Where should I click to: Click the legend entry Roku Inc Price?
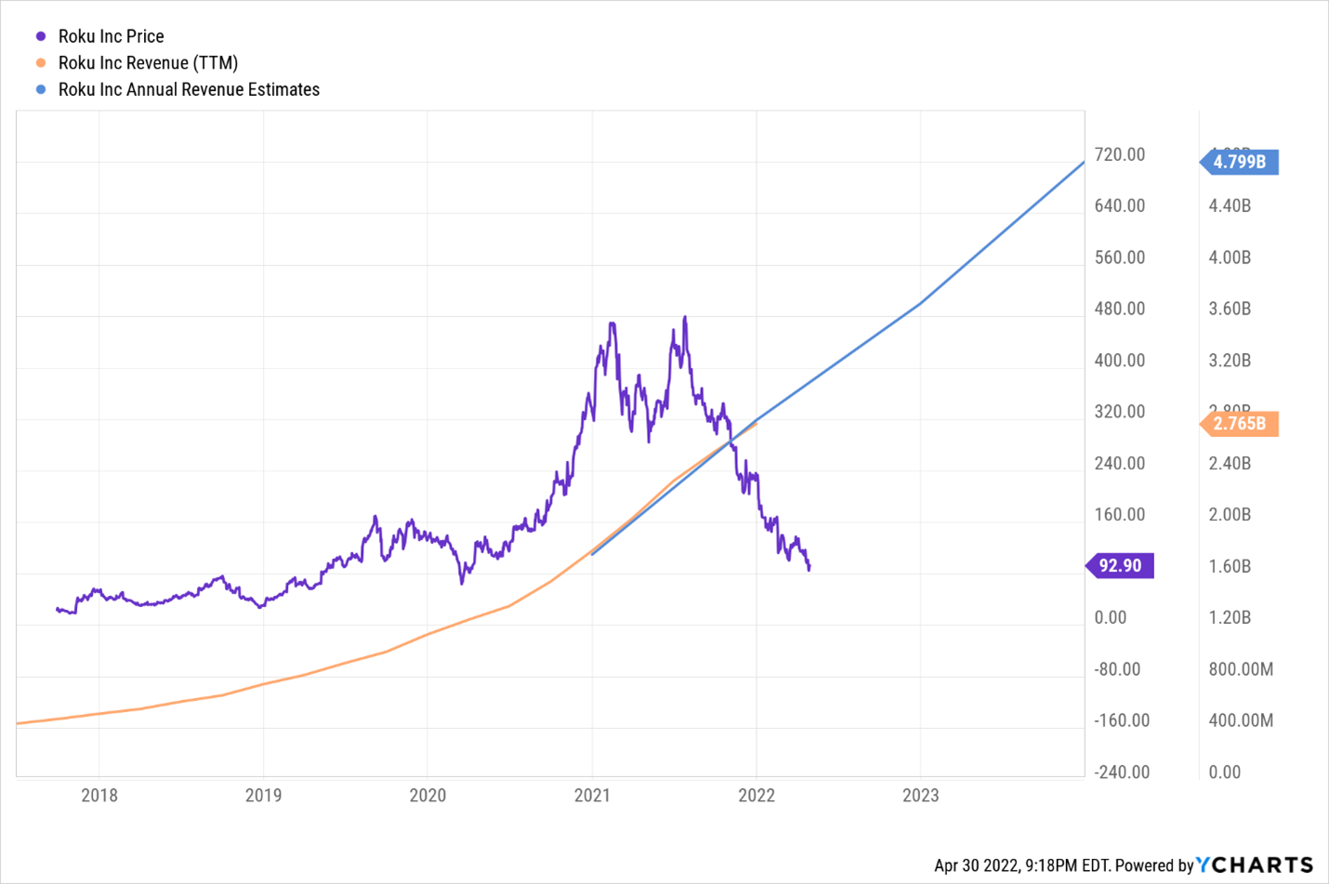coord(111,36)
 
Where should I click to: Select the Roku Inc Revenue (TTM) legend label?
coord(148,63)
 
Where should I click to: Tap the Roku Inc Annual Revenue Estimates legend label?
coord(189,89)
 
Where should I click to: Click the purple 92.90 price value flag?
coord(1120,565)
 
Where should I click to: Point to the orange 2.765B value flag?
coord(1240,424)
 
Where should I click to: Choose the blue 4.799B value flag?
coord(1240,162)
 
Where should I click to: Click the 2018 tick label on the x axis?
coord(99,795)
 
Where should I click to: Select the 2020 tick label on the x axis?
coord(428,795)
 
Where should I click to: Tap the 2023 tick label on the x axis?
coord(920,795)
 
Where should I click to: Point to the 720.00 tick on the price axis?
coord(1120,154)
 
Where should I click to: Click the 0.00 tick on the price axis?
coord(1111,617)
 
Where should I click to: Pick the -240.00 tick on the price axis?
coord(1122,772)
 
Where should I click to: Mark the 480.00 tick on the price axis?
coord(1120,309)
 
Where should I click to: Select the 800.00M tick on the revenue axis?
coord(1241,669)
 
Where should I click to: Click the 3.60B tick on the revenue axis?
coord(1230,309)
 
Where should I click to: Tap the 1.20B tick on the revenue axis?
coord(1230,617)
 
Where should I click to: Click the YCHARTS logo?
coord(1255,865)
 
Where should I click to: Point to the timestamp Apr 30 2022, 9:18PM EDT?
coord(1021,865)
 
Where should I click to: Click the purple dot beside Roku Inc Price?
coord(41,36)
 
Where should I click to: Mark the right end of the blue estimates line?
coord(1084,163)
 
